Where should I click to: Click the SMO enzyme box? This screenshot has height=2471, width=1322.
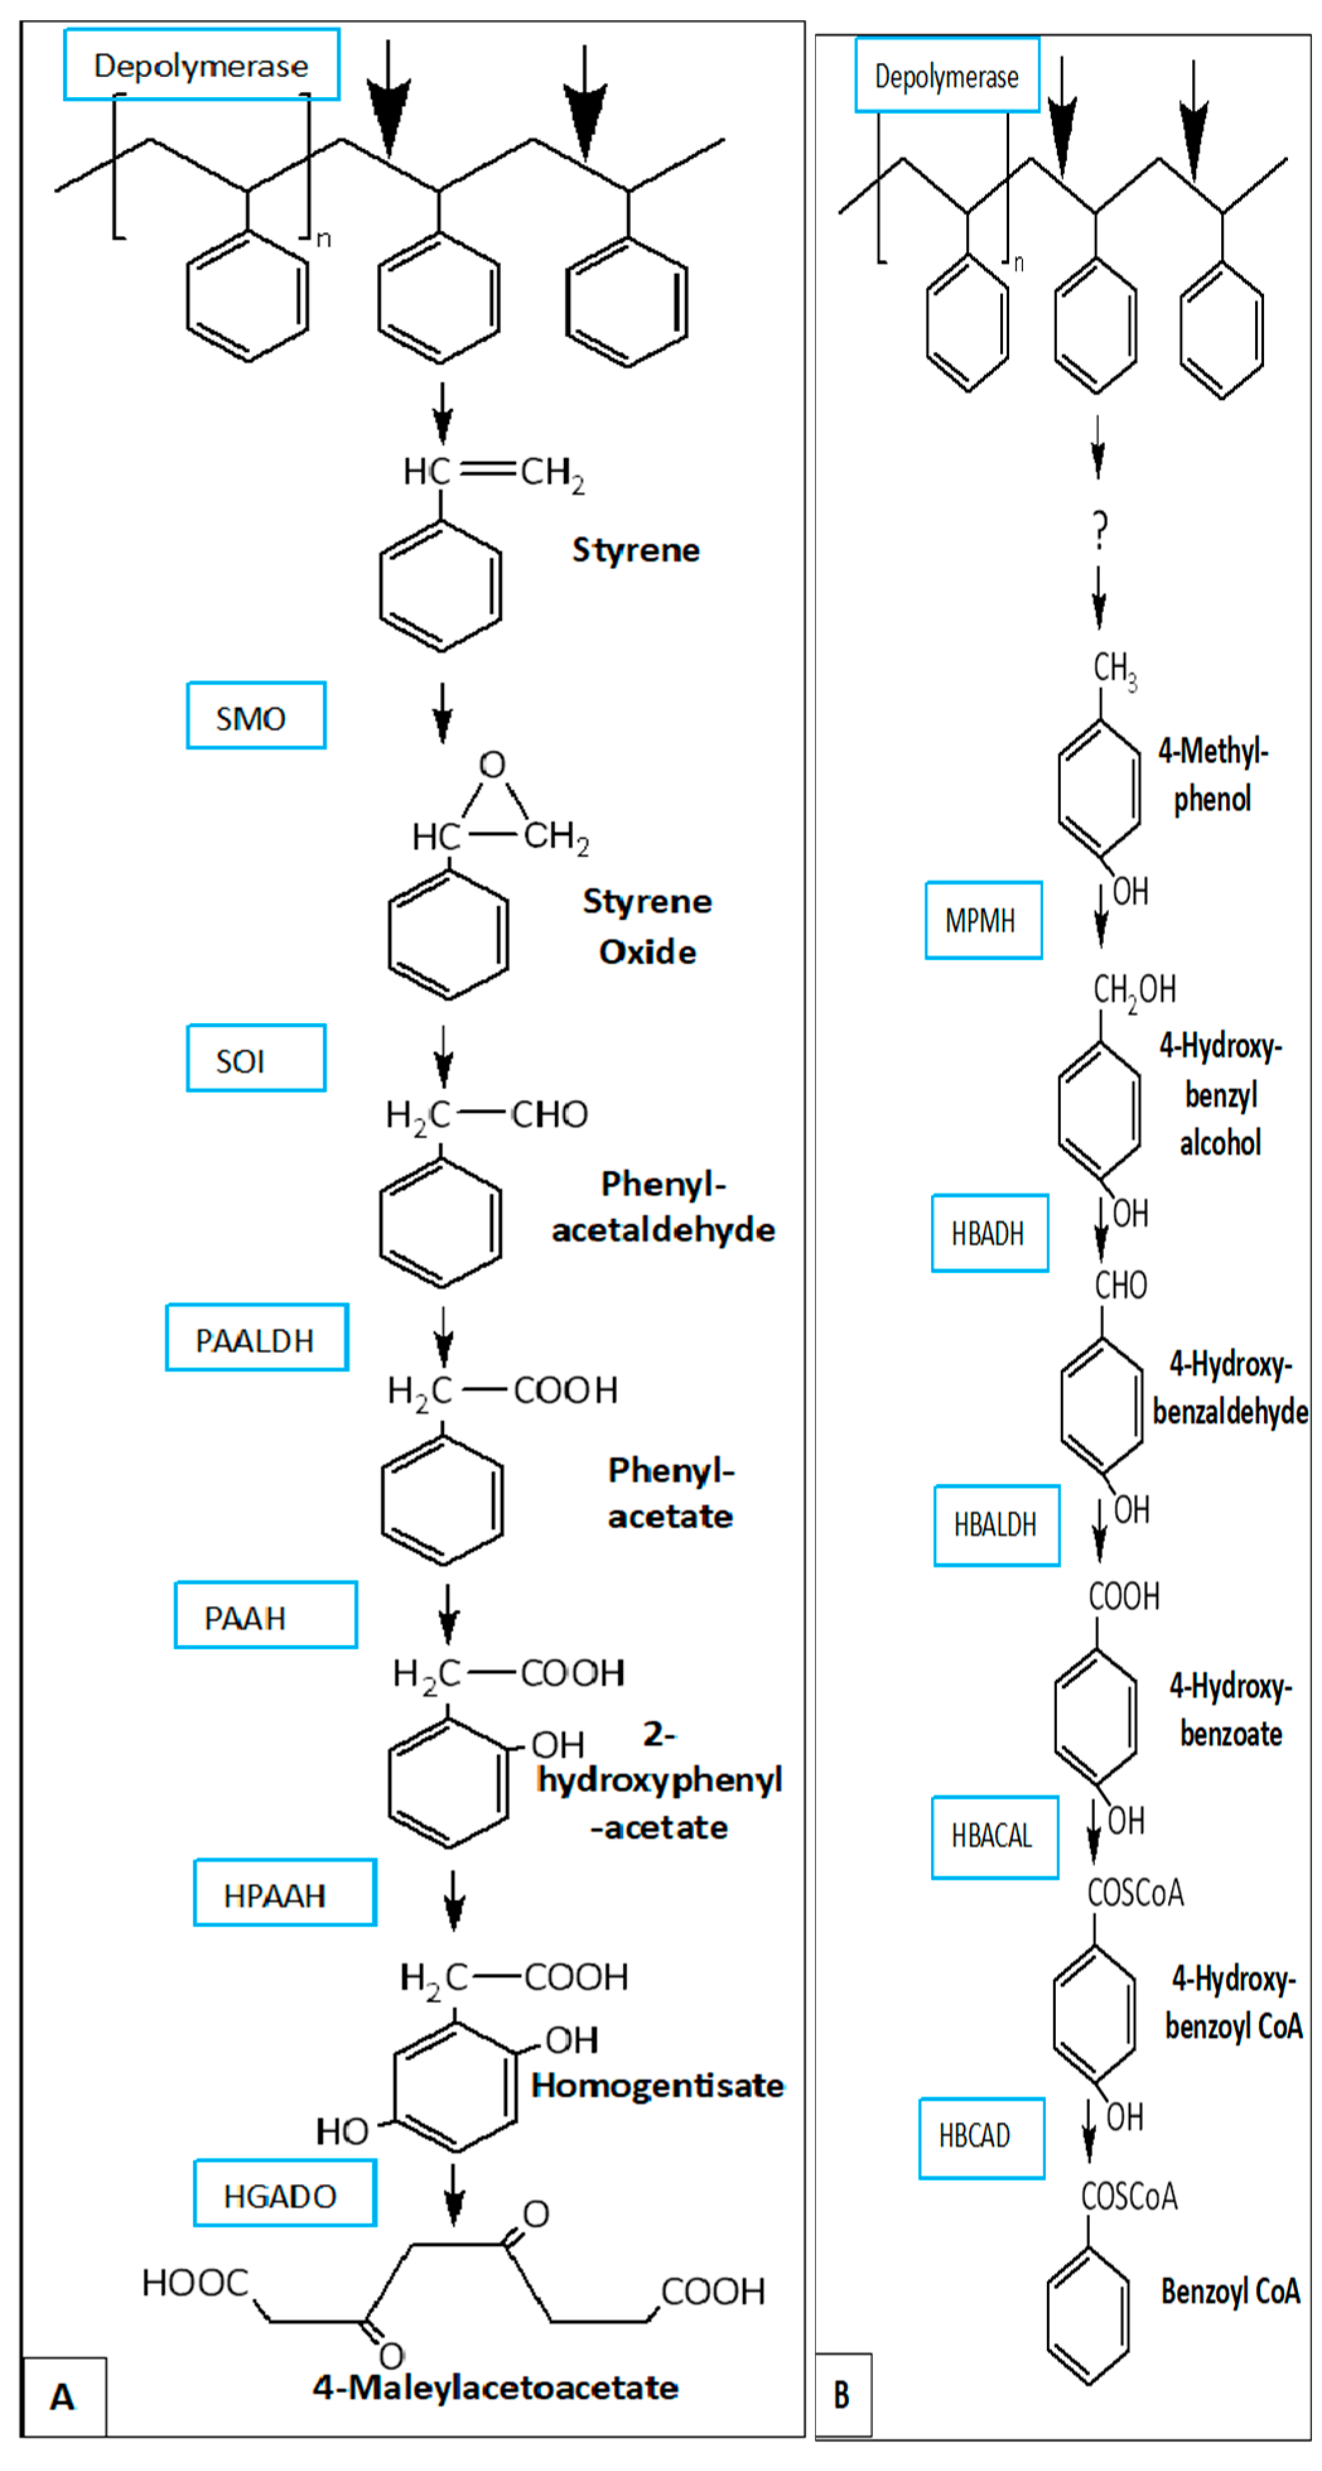(x=255, y=715)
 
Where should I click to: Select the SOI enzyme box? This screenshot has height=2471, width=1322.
(x=255, y=1058)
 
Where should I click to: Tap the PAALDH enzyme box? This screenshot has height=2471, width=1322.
(x=256, y=1338)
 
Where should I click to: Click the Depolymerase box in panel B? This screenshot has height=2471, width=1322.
(x=946, y=76)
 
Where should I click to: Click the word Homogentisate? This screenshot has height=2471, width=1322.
(x=657, y=2086)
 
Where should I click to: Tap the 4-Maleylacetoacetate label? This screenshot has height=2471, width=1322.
(x=495, y=2388)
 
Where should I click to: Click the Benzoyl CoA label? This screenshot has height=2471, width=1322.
(x=1230, y=2292)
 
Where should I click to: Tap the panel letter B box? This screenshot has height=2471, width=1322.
(x=842, y=2395)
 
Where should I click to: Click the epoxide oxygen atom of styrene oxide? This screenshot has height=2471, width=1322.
(x=492, y=765)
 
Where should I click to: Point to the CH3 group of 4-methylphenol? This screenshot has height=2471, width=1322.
(x=1114, y=667)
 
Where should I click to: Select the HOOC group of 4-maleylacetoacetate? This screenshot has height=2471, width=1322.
(x=195, y=2283)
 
